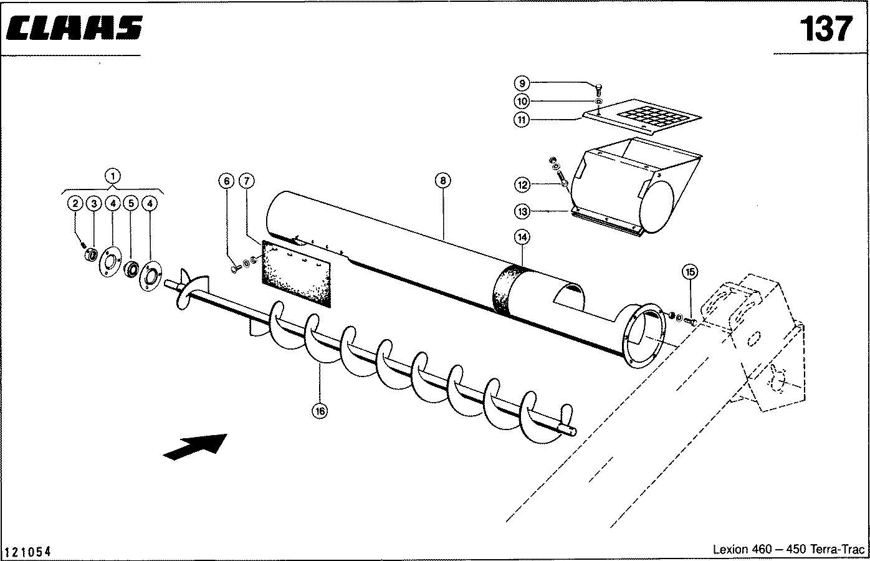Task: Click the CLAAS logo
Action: tap(74, 28)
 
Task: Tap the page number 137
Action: tap(826, 29)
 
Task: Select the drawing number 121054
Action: tap(27, 551)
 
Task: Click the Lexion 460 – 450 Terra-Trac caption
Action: tap(789, 549)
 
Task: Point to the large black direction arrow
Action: tap(195, 446)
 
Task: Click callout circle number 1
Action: tap(113, 176)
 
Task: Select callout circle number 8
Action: tap(442, 180)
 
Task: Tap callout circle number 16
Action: tap(320, 411)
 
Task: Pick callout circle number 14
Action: tap(522, 237)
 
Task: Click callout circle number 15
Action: tap(690, 272)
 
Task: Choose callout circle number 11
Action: tap(522, 119)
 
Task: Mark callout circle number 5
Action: tap(131, 203)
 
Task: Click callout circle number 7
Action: tap(247, 181)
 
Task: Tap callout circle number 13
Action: tap(522, 212)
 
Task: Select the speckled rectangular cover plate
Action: tap(297, 274)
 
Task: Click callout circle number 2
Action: tap(75, 203)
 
